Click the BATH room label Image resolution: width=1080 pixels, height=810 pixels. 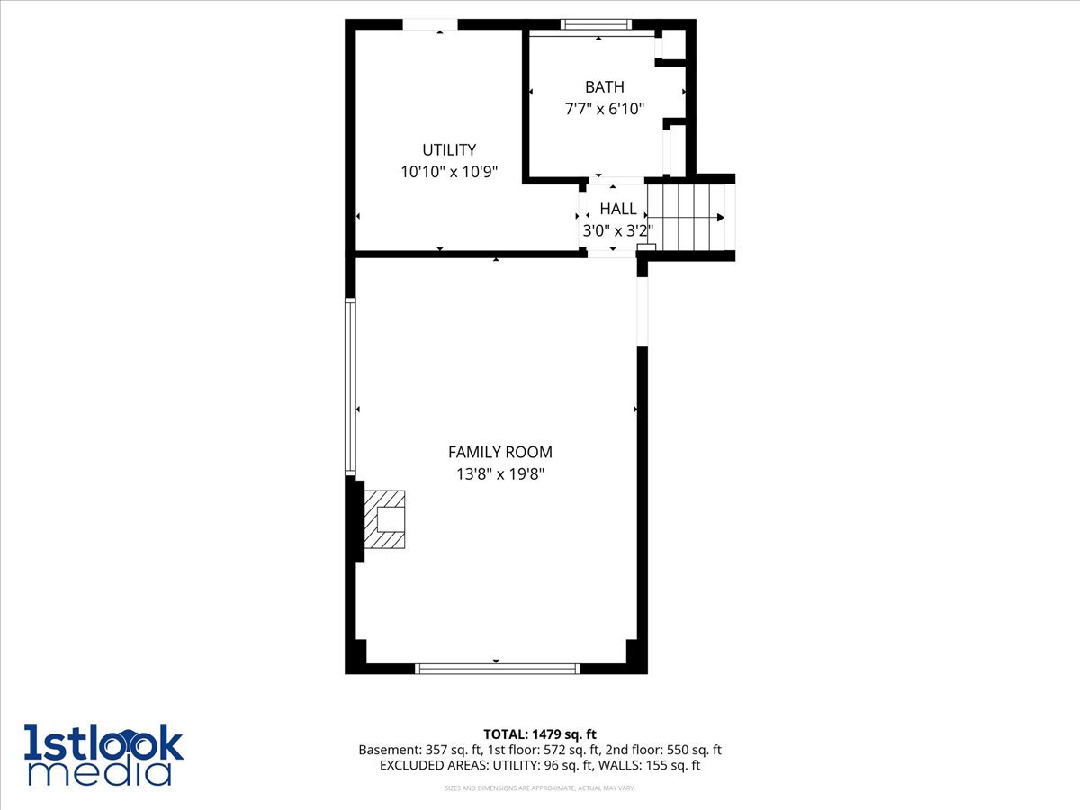(604, 87)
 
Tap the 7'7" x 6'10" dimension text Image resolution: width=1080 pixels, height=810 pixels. (604, 109)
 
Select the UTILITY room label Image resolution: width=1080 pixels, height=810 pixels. (449, 150)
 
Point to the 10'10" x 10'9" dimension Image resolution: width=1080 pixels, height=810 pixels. (449, 172)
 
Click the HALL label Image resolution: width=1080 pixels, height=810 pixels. (617, 209)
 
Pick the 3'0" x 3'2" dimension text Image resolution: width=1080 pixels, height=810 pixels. (617, 230)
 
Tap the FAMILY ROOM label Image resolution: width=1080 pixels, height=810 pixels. (499, 452)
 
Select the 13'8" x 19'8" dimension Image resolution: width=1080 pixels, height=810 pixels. (499, 473)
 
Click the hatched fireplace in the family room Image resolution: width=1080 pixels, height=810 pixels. (384, 519)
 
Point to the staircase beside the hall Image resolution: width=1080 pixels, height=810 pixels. (691, 217)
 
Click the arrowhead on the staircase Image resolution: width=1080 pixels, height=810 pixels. (720, 218)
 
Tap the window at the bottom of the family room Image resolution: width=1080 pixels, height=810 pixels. (497, 669)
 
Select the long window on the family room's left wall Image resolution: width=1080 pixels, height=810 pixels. (351, 386)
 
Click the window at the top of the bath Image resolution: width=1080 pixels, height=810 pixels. (596, 24)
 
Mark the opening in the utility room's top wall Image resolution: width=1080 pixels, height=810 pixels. (429, 24)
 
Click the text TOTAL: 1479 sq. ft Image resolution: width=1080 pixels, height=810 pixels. (539, 734)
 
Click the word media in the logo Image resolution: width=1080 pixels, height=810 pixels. (99, 772)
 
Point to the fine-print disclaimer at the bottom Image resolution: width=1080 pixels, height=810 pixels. (539, 788)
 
